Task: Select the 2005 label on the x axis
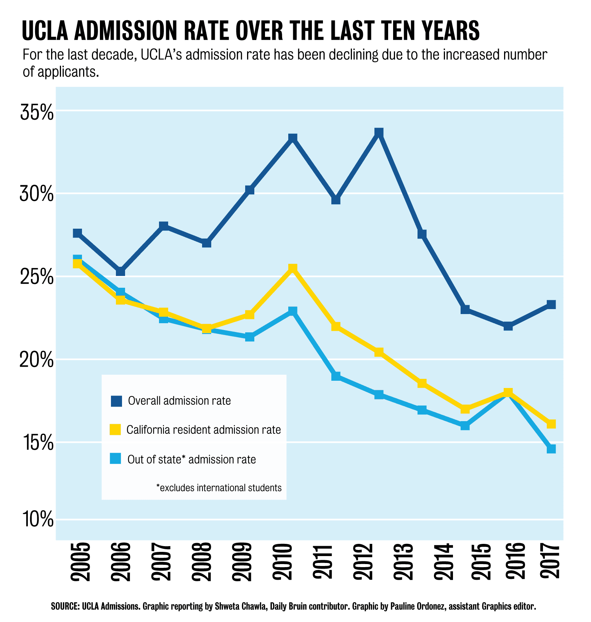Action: click(x=80, y=562)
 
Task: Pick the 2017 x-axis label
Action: click(x=550, y=562)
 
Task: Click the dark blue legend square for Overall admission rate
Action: click(x=116, y=401)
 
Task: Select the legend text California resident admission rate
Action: click(x=204, y=430)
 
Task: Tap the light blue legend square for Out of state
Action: click(x=116, y=458)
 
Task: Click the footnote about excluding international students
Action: click(x=219, y=487)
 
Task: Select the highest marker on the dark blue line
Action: click(x=379, y=133)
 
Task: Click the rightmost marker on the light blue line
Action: click(x=551, y=449)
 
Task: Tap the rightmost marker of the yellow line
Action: click(x=551, y=424)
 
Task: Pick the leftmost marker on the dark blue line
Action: click(x=77, y=233)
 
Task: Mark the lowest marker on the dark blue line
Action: click(x=508, y=326)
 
